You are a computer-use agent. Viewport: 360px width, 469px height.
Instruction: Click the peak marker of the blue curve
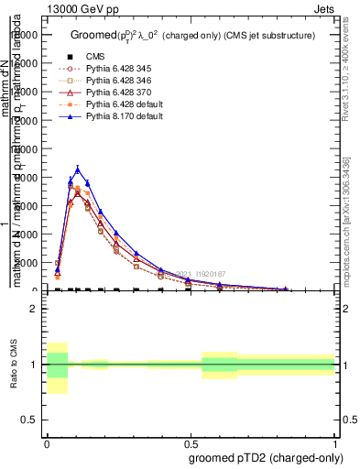pyautogui.click(x=78, y=169)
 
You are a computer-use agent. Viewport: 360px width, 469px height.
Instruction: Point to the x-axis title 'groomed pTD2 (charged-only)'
pyautogui.click(x=262, y=457)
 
